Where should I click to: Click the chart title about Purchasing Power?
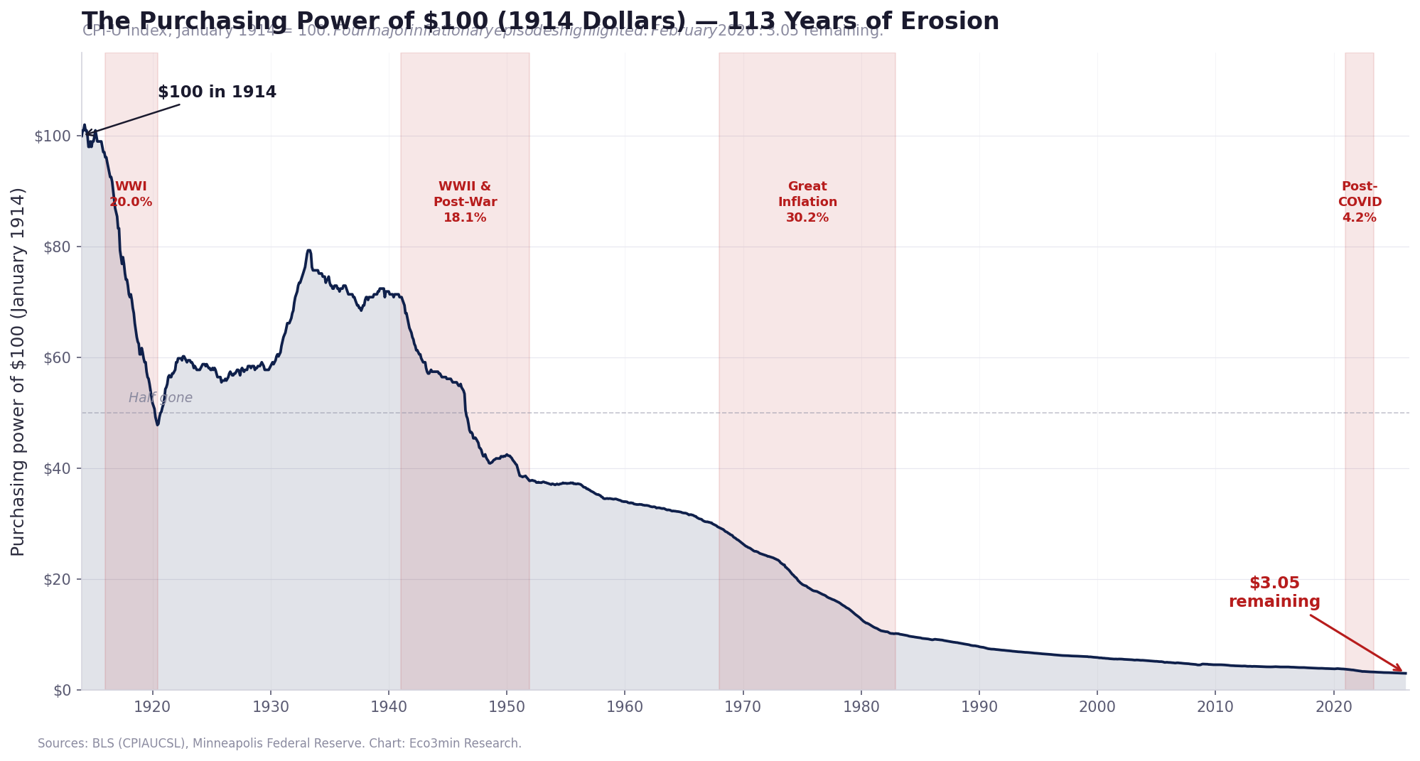pos(540,21)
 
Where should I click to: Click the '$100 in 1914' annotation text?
pos(217,92)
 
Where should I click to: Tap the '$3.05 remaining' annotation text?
pos(1274,593)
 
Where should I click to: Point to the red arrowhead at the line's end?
pos(1401,670)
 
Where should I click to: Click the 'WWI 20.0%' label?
pos(131,195)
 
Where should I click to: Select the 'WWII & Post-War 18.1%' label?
pos(465,203)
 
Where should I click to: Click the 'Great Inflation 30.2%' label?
pos(807,203)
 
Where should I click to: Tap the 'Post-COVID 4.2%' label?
pos(1360,203)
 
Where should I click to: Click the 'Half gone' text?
pos(161,398)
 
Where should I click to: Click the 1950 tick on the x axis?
pos(507,708)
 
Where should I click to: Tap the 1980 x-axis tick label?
pos(861,708)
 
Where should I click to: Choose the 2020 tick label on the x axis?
pos(1333,708)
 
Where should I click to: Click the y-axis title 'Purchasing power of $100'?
pos(18,372)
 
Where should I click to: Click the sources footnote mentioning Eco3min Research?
pos(279,743)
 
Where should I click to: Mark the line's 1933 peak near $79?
pos(308,250)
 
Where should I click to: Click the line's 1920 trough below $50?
pos(158,424)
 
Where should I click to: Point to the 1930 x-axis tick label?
pos(270,708)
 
